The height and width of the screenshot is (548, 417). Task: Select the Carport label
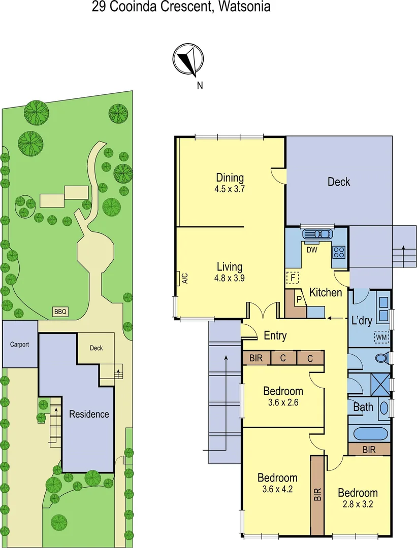[20, 344]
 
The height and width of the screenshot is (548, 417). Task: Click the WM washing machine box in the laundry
[380, 336]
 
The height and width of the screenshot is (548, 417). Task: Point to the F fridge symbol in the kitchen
[292, 278]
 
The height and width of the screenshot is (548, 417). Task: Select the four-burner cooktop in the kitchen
[339, 251]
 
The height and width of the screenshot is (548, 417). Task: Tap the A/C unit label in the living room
[184, 278]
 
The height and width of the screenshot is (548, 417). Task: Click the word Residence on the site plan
[89, 414]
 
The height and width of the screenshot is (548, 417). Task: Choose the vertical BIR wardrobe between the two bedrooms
[317, 495]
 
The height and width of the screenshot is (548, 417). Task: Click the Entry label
[275, 335]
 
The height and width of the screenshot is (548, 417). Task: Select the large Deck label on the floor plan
[338, 182]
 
